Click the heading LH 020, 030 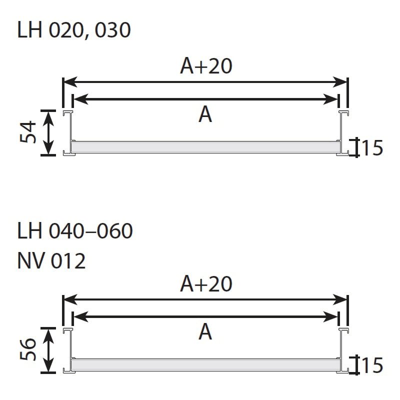(74, 30)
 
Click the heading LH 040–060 (75, 231)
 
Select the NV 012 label (51, 261)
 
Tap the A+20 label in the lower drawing (206, 284)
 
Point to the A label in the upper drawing (205, 114)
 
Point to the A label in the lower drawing (205, 331)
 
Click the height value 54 (29, 132)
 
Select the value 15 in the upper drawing (371, 148)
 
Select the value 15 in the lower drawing (371, 365)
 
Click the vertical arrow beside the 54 (48, 132)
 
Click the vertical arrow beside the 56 (48, 350)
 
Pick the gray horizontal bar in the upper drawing (205, 147)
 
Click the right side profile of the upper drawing (342, 132)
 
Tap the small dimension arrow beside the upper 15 (355, 147)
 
